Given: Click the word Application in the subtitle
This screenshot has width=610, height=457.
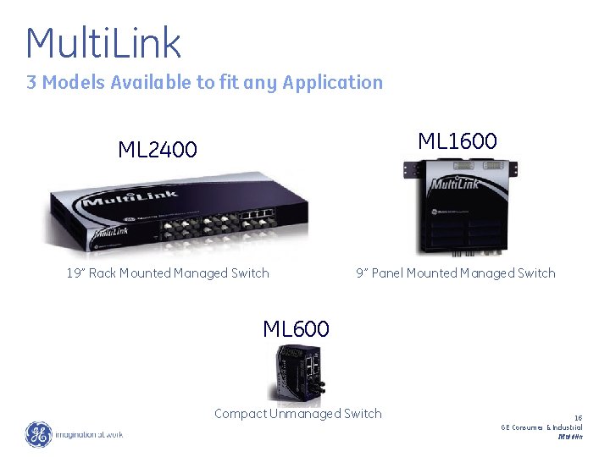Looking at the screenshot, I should tap(333, 82).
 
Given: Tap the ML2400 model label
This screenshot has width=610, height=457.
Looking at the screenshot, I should tap(158, 151).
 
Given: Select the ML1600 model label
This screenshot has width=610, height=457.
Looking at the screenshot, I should tap(457, 140).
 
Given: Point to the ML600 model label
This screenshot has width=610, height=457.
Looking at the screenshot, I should tap(296, 328).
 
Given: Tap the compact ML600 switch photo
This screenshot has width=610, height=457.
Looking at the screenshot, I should tap(300, 372).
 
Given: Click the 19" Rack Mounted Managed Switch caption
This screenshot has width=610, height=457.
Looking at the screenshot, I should tap(168, 273).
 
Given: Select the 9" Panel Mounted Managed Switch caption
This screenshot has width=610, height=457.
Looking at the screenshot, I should tap(456, 273).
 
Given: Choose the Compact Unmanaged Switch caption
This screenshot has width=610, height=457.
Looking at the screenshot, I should tap(298, 413).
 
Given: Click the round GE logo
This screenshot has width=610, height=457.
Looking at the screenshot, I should tap(38, 434).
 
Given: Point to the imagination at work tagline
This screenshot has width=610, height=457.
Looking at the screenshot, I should tap(89, 435).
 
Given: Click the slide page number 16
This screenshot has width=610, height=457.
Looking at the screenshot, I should tap(578, 417).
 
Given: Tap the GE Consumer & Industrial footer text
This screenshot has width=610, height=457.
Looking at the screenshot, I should tap(541, 427).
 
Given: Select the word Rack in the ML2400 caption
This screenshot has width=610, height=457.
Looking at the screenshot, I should tap(103, 273).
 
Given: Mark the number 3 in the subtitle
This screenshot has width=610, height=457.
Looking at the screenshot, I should tap(31, 82).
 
